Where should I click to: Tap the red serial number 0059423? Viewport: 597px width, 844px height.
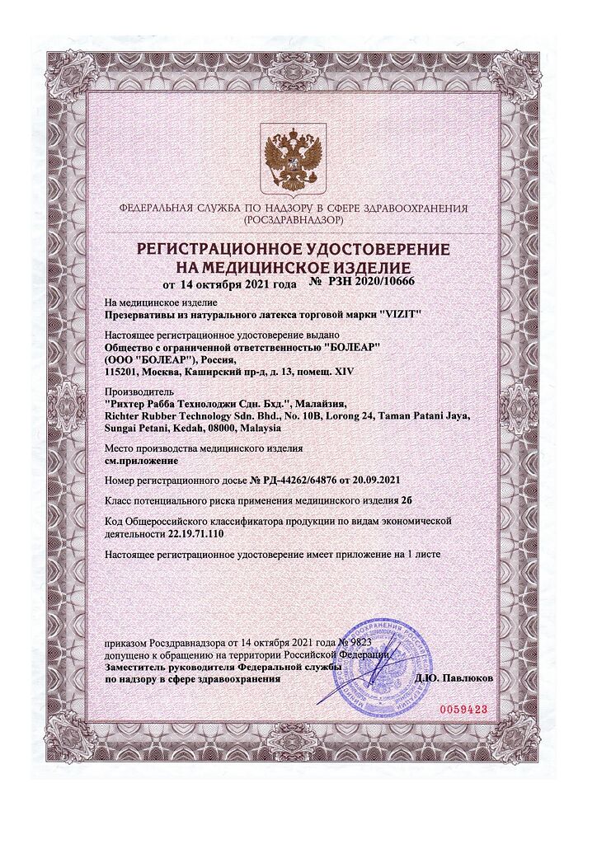coord(463,708)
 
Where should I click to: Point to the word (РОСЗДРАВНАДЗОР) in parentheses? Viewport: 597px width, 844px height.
coord(293,222)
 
